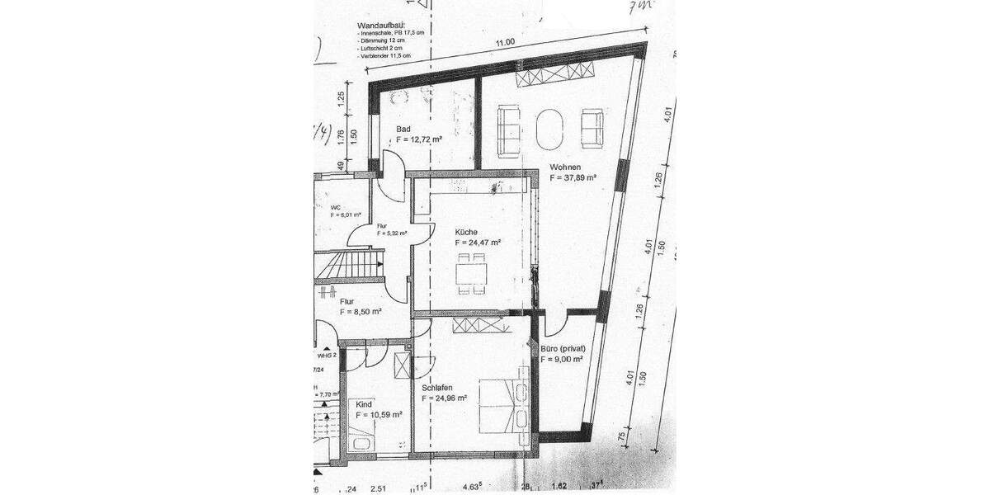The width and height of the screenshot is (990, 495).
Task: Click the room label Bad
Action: tap(403, 130)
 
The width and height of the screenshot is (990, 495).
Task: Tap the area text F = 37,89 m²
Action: tap(574, 177)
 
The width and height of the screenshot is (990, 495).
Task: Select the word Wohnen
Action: tap(566, 167)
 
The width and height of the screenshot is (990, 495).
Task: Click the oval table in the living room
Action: tap(550, 130)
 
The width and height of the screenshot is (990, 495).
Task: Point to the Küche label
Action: tap(468, 232)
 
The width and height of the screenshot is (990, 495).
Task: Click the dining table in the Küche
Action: tap(471, 273)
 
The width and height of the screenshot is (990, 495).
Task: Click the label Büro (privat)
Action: tap(563, 349)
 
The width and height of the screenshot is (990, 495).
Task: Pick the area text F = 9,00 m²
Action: tap(563, 360)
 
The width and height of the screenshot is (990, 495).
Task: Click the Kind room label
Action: tap(364, 404)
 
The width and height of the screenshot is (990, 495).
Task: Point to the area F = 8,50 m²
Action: tap(361, 312)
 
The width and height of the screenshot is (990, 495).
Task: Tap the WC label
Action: tap(336, 206)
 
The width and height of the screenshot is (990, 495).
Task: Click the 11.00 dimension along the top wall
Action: tap(505, 42)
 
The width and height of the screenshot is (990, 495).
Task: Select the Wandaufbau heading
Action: tap(381, 26)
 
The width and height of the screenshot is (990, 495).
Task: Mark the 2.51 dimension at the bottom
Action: tap(379, 488)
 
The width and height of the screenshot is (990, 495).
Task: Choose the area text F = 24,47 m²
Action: tap(478, 243)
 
